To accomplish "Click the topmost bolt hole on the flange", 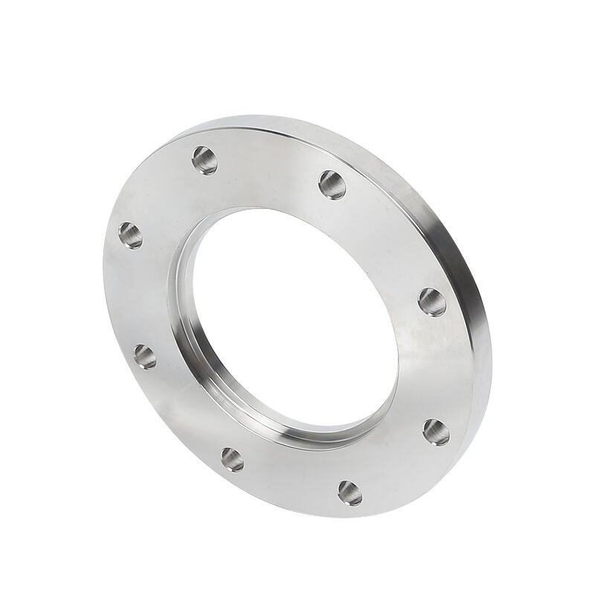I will (205, 159).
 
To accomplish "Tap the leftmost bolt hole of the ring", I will (130, 235).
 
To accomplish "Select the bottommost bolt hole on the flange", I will (350, 492).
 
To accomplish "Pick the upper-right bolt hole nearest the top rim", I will (332, 184).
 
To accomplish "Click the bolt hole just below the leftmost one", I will (145, 356).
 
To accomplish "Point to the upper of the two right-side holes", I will (432, 301).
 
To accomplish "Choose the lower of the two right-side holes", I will (437, 431).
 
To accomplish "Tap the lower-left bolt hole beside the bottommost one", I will (232, 459).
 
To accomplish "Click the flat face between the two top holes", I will (268, 167).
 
